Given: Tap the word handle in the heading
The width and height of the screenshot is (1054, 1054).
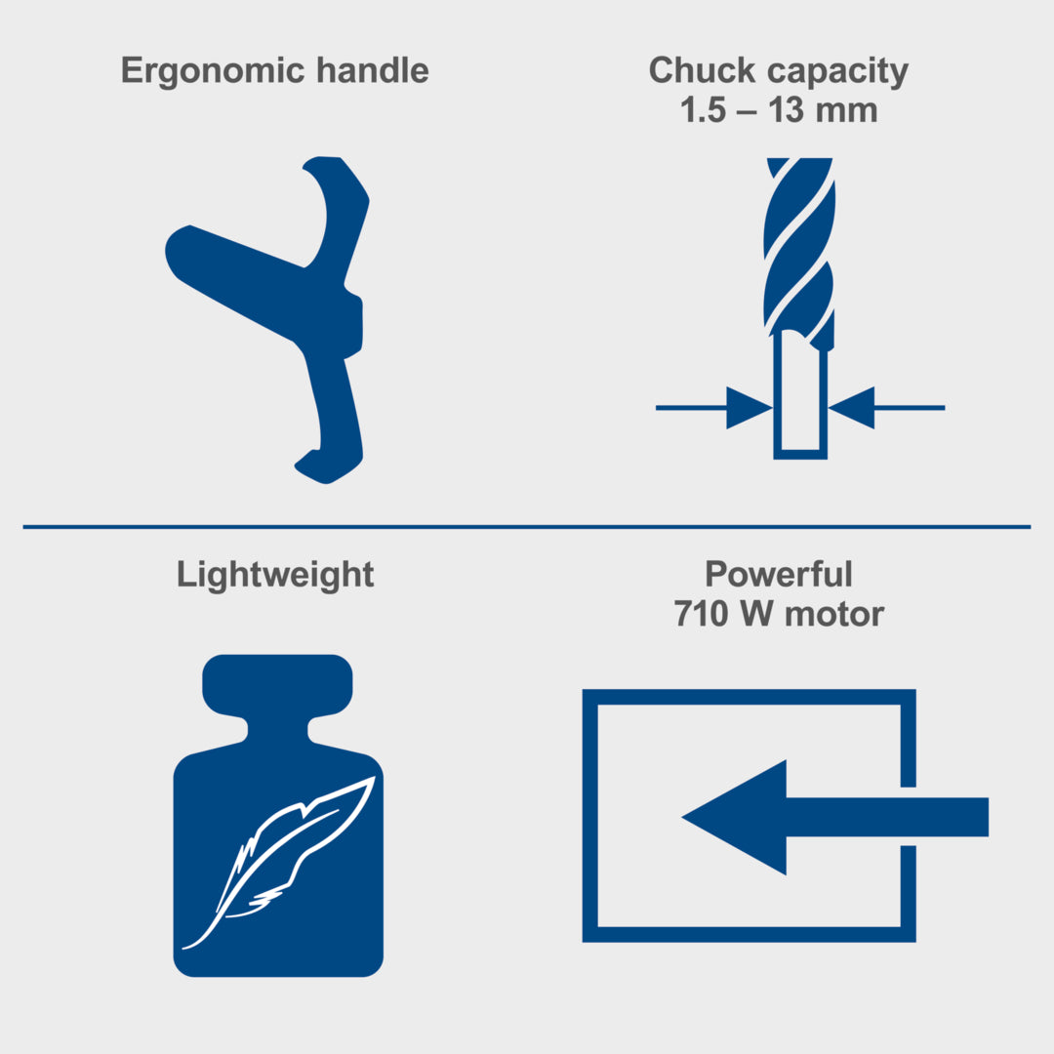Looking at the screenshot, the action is [x=373, y=70].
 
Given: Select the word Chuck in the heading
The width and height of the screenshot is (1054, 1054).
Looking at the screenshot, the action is [x=702, y=70].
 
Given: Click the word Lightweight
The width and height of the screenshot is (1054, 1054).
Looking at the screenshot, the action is [x=275, y=576].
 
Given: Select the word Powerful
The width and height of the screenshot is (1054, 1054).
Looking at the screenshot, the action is [x=779, y=574].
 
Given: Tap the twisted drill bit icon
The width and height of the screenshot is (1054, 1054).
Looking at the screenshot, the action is [x=800, y=308].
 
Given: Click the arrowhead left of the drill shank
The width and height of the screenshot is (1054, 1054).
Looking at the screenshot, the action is [x=749, y=407].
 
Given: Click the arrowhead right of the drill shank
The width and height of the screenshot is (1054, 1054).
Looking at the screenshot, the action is [x=852, y=407].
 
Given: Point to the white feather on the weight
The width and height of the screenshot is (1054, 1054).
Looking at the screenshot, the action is [x=278, y=863].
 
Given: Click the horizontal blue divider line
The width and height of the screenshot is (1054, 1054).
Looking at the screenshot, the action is [x=527, y=527].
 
